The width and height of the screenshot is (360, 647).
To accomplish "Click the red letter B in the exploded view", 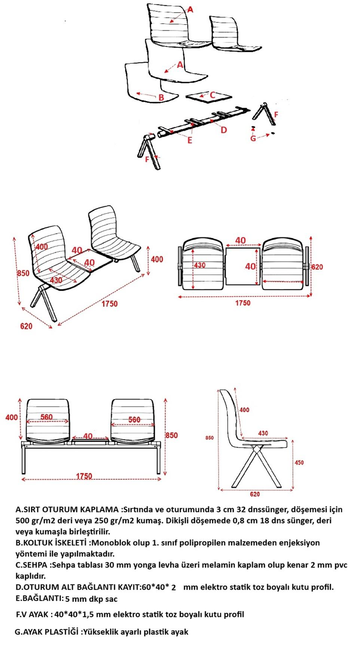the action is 161,98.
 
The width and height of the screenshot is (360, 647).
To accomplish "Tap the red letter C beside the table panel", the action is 213,95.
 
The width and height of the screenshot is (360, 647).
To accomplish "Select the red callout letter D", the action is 224,130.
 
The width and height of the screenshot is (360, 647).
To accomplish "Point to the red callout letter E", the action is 190,141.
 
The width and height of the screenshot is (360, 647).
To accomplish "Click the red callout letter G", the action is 253,138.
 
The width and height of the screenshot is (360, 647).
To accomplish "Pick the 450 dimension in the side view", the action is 299,463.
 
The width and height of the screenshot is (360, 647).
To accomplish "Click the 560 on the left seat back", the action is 46,417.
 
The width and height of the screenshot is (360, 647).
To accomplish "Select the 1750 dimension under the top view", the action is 243,303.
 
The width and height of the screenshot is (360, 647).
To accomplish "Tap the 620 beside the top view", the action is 317,267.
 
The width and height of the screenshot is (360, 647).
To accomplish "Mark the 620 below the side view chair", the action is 255,494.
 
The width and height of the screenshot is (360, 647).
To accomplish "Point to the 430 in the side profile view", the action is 263,433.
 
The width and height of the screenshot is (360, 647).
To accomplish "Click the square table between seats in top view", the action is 243,266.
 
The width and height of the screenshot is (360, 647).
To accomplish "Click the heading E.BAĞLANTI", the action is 39,598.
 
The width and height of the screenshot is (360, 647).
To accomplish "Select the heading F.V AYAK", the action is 32,614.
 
